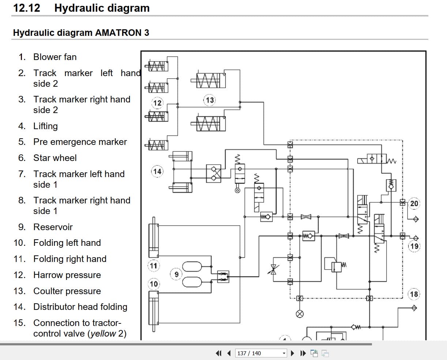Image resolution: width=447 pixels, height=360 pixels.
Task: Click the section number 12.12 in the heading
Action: point(27,8)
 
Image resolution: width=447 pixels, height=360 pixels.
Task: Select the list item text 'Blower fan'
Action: point(55,57)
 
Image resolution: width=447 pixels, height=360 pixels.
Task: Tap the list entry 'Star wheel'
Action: point(55,158)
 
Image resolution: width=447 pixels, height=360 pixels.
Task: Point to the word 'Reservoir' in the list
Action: point(53,227)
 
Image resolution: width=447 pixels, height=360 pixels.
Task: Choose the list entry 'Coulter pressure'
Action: point(67,291)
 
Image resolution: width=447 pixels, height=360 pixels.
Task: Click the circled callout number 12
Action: point(157,103)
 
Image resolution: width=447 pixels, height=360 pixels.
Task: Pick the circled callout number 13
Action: point(210,100)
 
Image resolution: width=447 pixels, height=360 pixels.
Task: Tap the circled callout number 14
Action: point(157,171)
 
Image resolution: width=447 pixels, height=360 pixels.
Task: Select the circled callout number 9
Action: point(176,274)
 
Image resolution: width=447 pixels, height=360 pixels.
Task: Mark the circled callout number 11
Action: point(154,266)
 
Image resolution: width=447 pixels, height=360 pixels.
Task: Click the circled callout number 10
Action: point(154,284)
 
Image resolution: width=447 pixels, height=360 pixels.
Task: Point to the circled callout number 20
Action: point(414,203)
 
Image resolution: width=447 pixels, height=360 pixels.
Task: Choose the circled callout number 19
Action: point(414,246)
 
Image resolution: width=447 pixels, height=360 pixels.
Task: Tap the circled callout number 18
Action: point(414,294)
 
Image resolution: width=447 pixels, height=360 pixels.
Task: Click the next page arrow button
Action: point(292,353)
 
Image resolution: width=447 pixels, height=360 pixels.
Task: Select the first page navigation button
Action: point(219,353)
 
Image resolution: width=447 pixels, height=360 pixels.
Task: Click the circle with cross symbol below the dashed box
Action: point(300,314)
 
